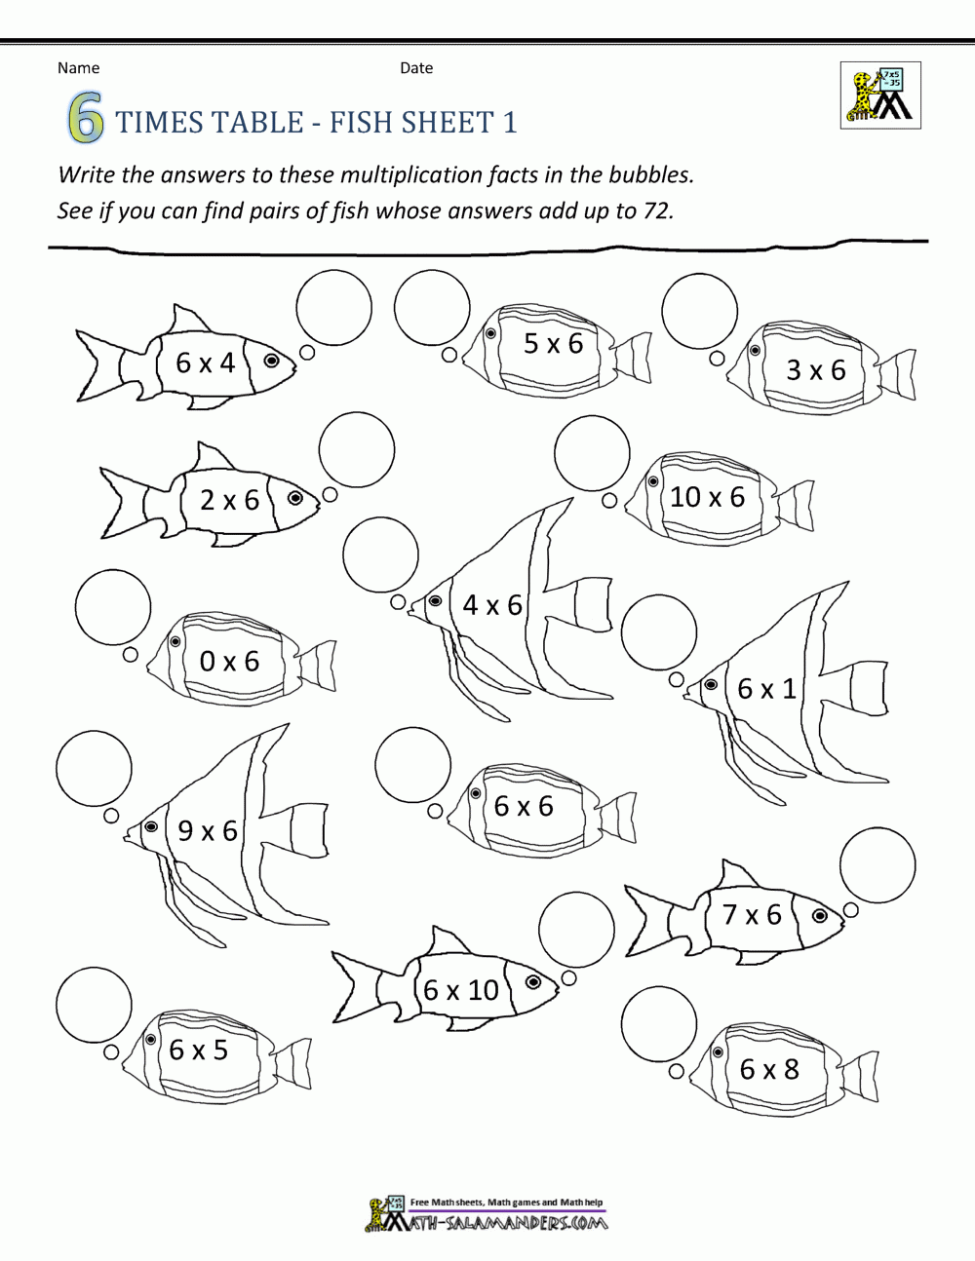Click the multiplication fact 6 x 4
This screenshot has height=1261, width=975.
tap(205, 363)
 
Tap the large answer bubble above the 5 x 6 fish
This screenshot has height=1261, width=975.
tap(432, 307)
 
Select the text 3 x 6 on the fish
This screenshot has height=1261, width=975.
tap(816, 370)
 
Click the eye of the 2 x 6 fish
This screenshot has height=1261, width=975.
tap(294, 498)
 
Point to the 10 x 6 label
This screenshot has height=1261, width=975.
tap(707, 497)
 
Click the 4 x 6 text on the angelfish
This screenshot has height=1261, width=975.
tap(492, 605)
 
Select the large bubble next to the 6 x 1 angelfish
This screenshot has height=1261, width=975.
tap(659, 632)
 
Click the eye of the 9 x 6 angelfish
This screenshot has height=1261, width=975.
tap(151, 826)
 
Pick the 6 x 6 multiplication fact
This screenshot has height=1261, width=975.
tap(524, 806)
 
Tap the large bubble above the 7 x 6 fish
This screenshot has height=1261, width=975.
tap(877, 864)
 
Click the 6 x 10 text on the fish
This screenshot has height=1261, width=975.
tap(461, 990)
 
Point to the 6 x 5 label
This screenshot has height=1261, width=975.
tap(198, 1050)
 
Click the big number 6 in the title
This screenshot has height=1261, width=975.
tap(85, 122)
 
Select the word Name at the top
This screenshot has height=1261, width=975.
tap(78, 68)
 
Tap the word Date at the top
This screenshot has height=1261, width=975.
tap(416, 68)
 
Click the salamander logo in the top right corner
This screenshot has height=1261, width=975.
tap(879, 96)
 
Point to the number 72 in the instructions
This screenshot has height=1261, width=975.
tap(654, 210)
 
